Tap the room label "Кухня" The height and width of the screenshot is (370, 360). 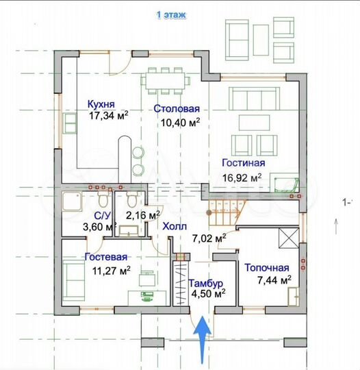point(101,105)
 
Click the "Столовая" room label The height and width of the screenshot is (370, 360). point(176,109)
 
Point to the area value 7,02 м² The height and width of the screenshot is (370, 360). point(210,238)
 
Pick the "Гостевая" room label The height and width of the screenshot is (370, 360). point(106,257)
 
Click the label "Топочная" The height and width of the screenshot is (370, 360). point(266,268)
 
